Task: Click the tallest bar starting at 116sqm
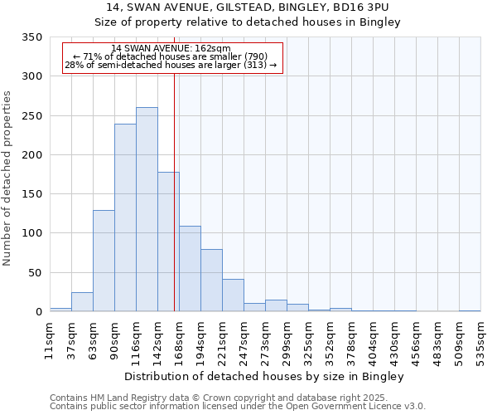(x=147, y=209)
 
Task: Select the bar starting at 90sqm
(x=125, y=217)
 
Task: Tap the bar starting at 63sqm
(x=104, y=261)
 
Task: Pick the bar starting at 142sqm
(x=168, y=242)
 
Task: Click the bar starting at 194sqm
(x=211, y=280)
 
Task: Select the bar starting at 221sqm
(x=233, y=295)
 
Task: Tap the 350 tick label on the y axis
(x=31, y=37)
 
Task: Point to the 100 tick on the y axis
(x=31, y=233)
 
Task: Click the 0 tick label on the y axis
(x=38, y=312)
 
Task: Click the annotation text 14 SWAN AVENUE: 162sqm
(x=171, y=49)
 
